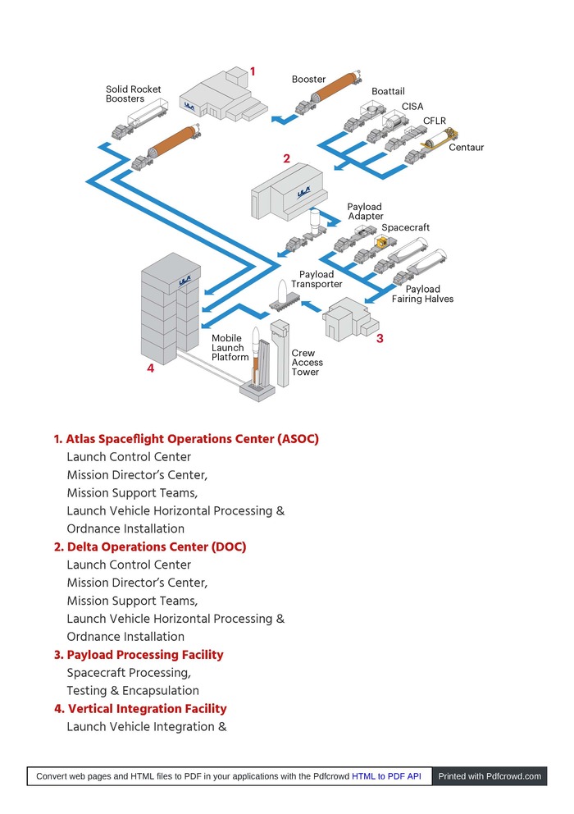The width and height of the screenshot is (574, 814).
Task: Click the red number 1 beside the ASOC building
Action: pos(253,72)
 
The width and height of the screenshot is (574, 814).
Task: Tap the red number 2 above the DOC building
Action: pos(286,158)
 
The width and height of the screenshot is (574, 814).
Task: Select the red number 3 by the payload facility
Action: pos(380,337)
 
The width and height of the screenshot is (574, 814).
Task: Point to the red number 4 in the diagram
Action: pos(150,368)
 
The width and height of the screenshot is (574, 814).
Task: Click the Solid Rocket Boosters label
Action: pos(133,94)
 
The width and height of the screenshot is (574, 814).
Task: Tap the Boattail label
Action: pos(388,92)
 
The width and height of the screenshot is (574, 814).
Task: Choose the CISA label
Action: pos(412,107)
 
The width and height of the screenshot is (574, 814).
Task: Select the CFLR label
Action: pos(434,121)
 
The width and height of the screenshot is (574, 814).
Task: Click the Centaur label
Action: pos(466,148)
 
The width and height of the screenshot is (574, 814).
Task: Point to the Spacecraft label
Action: pos(405,227)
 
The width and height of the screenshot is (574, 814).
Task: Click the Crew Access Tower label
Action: pos(307,363)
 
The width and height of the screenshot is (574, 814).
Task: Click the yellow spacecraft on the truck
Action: pos(380,242)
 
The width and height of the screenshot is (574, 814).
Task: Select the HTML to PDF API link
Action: pos(386,775)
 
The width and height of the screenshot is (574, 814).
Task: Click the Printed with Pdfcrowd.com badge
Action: pos(490,775)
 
